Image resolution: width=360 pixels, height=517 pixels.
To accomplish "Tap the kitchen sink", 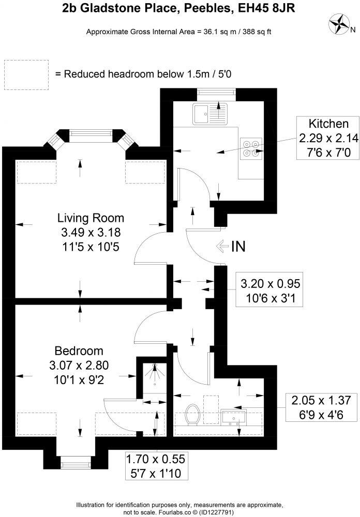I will [x=210, y=114].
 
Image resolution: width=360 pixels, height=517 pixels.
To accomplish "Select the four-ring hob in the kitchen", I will [x=251, y=148].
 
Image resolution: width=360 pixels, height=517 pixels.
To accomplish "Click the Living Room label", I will [x=91, y=217].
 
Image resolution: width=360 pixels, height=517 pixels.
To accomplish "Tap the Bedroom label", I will [x=80, y=351].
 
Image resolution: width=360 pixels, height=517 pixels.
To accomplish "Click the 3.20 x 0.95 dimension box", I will [x=271, y=291].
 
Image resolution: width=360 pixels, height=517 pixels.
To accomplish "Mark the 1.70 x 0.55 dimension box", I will [x=156, y=466].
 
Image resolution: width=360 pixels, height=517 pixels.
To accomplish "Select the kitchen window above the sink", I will [x=216, y=93].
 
